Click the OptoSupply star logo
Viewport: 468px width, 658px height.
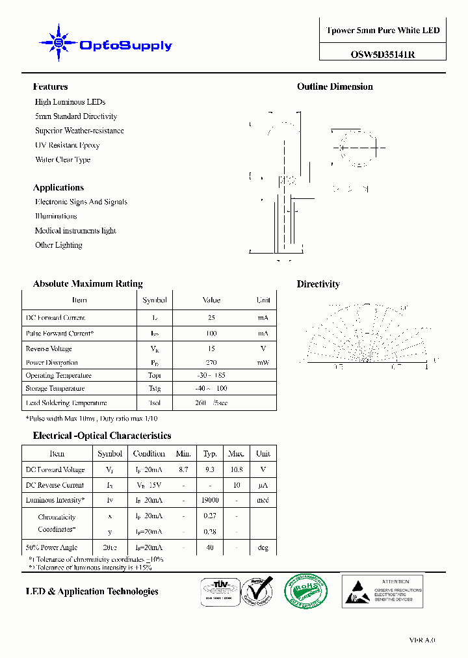(59, 43)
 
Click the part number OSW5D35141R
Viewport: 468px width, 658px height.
(383, 55)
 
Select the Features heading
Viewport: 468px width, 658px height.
(50, 86)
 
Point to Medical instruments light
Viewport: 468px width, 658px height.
(75, 231)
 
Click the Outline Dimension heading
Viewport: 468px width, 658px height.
(335, 86)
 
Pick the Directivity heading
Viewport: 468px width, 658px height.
(318, 284)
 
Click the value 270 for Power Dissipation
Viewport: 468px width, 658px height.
(211, 363)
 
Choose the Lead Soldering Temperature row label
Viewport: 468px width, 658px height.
(66, 403)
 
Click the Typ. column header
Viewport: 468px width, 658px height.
(210, 454)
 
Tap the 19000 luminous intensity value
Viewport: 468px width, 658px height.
(210, 500)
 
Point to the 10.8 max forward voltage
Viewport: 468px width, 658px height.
(236, 469)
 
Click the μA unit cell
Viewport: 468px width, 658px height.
(263, 485)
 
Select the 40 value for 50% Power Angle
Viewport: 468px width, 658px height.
(210, 547)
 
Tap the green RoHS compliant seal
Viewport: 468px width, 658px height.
(305, 591)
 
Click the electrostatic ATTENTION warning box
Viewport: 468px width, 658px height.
(382, 590)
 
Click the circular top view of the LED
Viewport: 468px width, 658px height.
(355, 148)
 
